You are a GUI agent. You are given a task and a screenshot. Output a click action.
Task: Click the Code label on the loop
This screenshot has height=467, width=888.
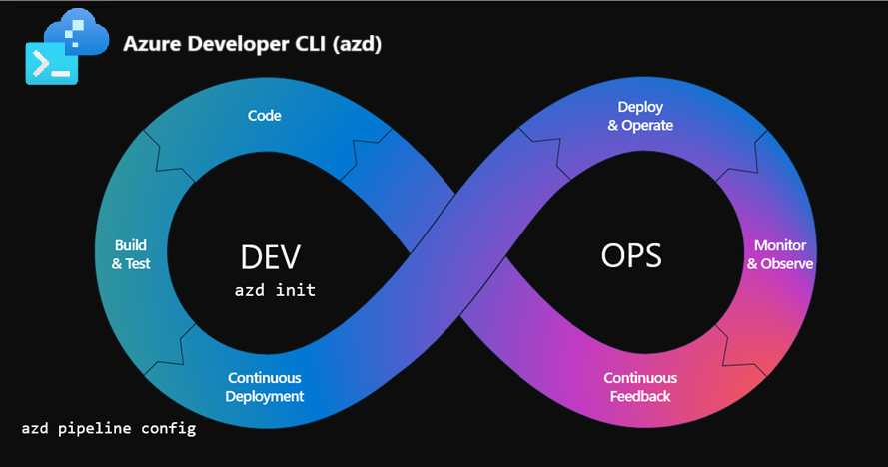coord(265,116)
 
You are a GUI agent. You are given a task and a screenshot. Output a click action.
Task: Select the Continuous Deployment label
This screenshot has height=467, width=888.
coord(265,387)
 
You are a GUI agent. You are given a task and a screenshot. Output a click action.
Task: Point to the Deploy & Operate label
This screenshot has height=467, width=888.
coord(640,116)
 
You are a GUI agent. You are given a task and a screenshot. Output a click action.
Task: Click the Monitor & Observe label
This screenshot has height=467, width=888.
coord(780,255)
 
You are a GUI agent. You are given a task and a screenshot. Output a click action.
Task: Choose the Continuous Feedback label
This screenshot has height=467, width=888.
coord(640,387)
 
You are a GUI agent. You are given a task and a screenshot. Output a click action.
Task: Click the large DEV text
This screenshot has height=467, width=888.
coord(271,256)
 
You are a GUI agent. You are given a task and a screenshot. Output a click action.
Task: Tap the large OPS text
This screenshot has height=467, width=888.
coord(631,256)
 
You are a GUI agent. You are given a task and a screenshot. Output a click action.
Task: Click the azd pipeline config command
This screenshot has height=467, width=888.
coord(108,429)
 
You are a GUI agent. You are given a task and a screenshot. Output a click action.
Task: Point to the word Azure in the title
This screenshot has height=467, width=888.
coord(147,45)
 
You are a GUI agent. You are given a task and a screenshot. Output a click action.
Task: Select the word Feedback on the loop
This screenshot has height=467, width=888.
coord(640,396)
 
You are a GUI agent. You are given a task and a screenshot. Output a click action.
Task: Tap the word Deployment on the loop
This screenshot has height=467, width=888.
coord(265,396)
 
